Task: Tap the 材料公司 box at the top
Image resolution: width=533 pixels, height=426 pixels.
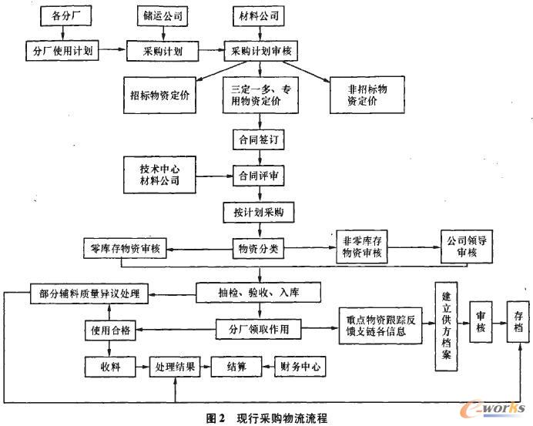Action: pyautogui.click(x=259, y=15)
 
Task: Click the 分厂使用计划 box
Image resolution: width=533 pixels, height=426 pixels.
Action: pyautogui.click(x=61, y=50)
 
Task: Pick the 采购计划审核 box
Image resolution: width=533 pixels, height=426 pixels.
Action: pyautogui.click(x=260, y=50)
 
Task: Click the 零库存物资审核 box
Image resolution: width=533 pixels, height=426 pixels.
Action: pyautogui.click(x=125, y=249)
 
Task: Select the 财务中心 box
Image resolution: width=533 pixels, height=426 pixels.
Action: pyautogui.click(x=300, y=366)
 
